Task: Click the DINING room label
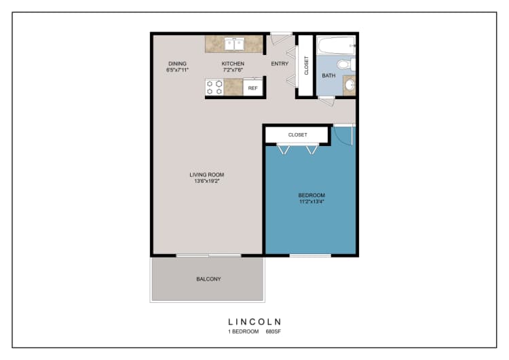pos(177,64)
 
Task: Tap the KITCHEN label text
pos(233,64)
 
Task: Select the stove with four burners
pos(215,88)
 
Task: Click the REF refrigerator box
pos(252,88)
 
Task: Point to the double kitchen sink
pos(234,44)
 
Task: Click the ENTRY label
pos(280,64)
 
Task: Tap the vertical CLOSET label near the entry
pos(306,65)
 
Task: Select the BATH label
pos(328,75)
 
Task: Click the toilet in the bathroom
pos(346,65)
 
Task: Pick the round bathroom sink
pos(349,86)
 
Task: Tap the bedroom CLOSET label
pos(297,135)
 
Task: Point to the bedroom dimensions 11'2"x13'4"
pos(312,202)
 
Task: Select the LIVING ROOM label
pos(206,175)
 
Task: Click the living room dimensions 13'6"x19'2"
pos(206,181)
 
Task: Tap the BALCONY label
pos(208,279)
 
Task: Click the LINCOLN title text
pos(254,321)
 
